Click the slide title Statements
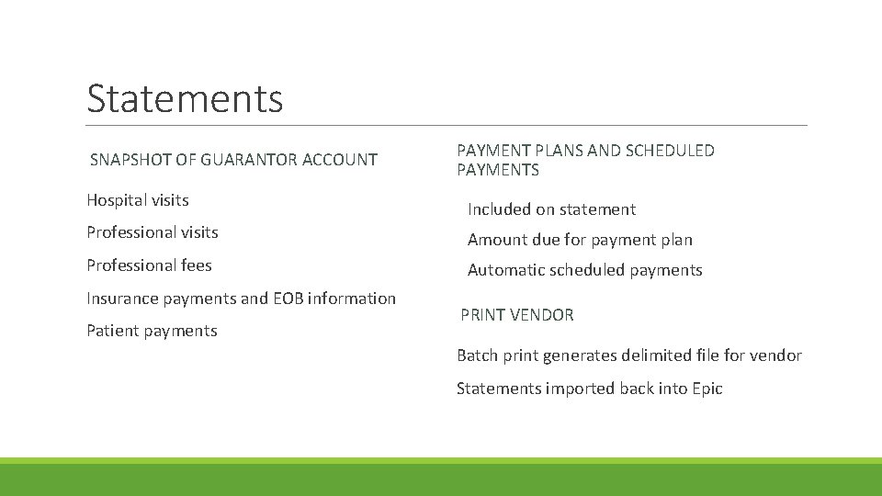pos(185,98)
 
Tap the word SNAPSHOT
pos(130,160)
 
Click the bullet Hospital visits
pos(138,200)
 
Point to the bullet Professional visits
pos(153,232)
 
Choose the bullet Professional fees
pos(149,265)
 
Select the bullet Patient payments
pos(152,331)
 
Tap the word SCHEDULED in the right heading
pos(669,151)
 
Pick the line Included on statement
pos(551,209)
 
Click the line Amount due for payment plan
pos(580,240)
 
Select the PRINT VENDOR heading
pos(516,315)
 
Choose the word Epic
pos(706,389)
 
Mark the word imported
pos(579,389)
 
